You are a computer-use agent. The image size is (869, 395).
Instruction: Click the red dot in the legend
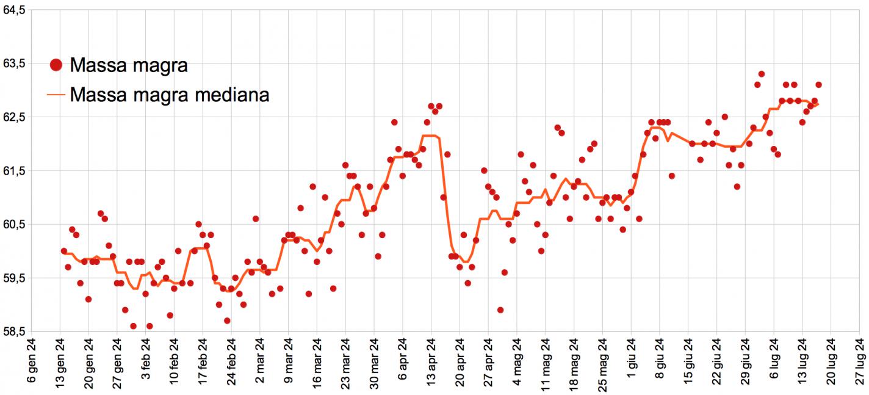click(x=56, y=65)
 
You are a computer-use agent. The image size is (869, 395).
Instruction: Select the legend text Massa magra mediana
click(x=170, y=95)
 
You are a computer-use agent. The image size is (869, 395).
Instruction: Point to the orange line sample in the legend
click(x=56, y=95)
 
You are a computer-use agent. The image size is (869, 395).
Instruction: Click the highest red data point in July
click(x=762, y=74)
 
